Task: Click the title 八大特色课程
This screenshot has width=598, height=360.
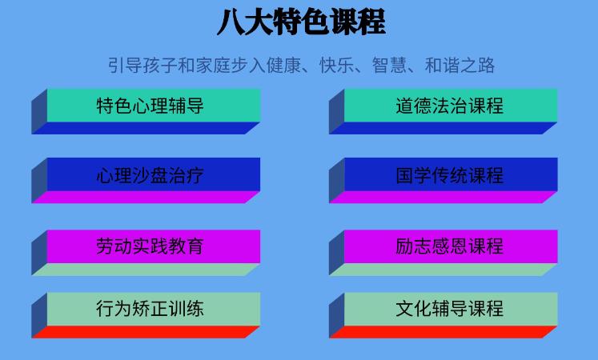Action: [300, 22]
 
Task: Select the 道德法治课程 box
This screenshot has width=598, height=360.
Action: [449, 105]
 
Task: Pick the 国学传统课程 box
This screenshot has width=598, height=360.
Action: [449, 174]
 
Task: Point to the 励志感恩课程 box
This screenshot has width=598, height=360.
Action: [449, 246]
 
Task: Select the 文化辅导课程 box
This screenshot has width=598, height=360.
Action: [449, 308]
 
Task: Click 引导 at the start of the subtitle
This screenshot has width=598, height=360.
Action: [123, 65]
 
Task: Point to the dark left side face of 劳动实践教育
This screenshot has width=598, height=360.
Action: [39, 253]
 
